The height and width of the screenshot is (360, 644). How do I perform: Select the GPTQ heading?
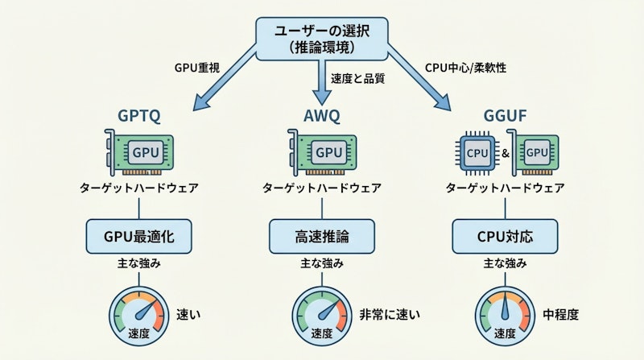[x=138, y=116]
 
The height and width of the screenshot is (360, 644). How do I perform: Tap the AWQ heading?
[x=322, y=116]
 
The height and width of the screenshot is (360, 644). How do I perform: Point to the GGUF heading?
[x=505, y=116]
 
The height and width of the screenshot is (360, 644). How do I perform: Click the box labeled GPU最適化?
[x=138, y=237]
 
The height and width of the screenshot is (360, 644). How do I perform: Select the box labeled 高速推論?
[x=322, y=237]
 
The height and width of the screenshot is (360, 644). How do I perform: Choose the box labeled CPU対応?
[x=505, y=237]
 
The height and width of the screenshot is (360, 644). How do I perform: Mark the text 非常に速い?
[x=391, y=314]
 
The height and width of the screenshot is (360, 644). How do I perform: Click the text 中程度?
[x=560, y=314]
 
